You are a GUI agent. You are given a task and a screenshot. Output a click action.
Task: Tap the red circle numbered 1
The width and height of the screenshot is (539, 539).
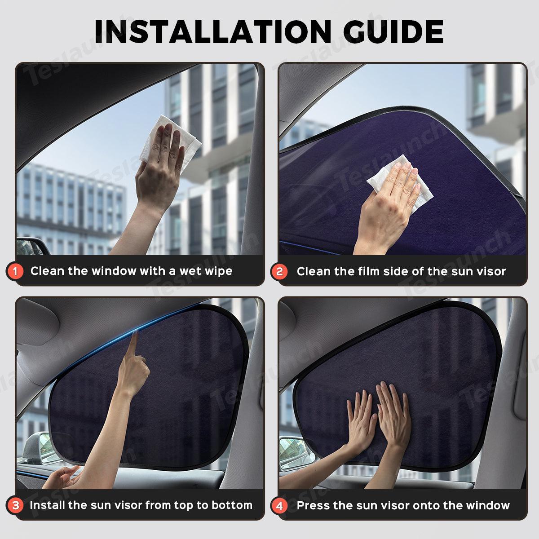pos(16,271)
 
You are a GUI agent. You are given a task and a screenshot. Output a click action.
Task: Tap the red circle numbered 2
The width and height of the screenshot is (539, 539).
pos(279,271)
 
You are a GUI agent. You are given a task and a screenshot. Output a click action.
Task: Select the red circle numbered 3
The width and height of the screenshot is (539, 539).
pos(16,505)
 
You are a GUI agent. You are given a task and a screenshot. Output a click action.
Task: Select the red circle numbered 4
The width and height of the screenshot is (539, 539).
pos(279,505)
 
